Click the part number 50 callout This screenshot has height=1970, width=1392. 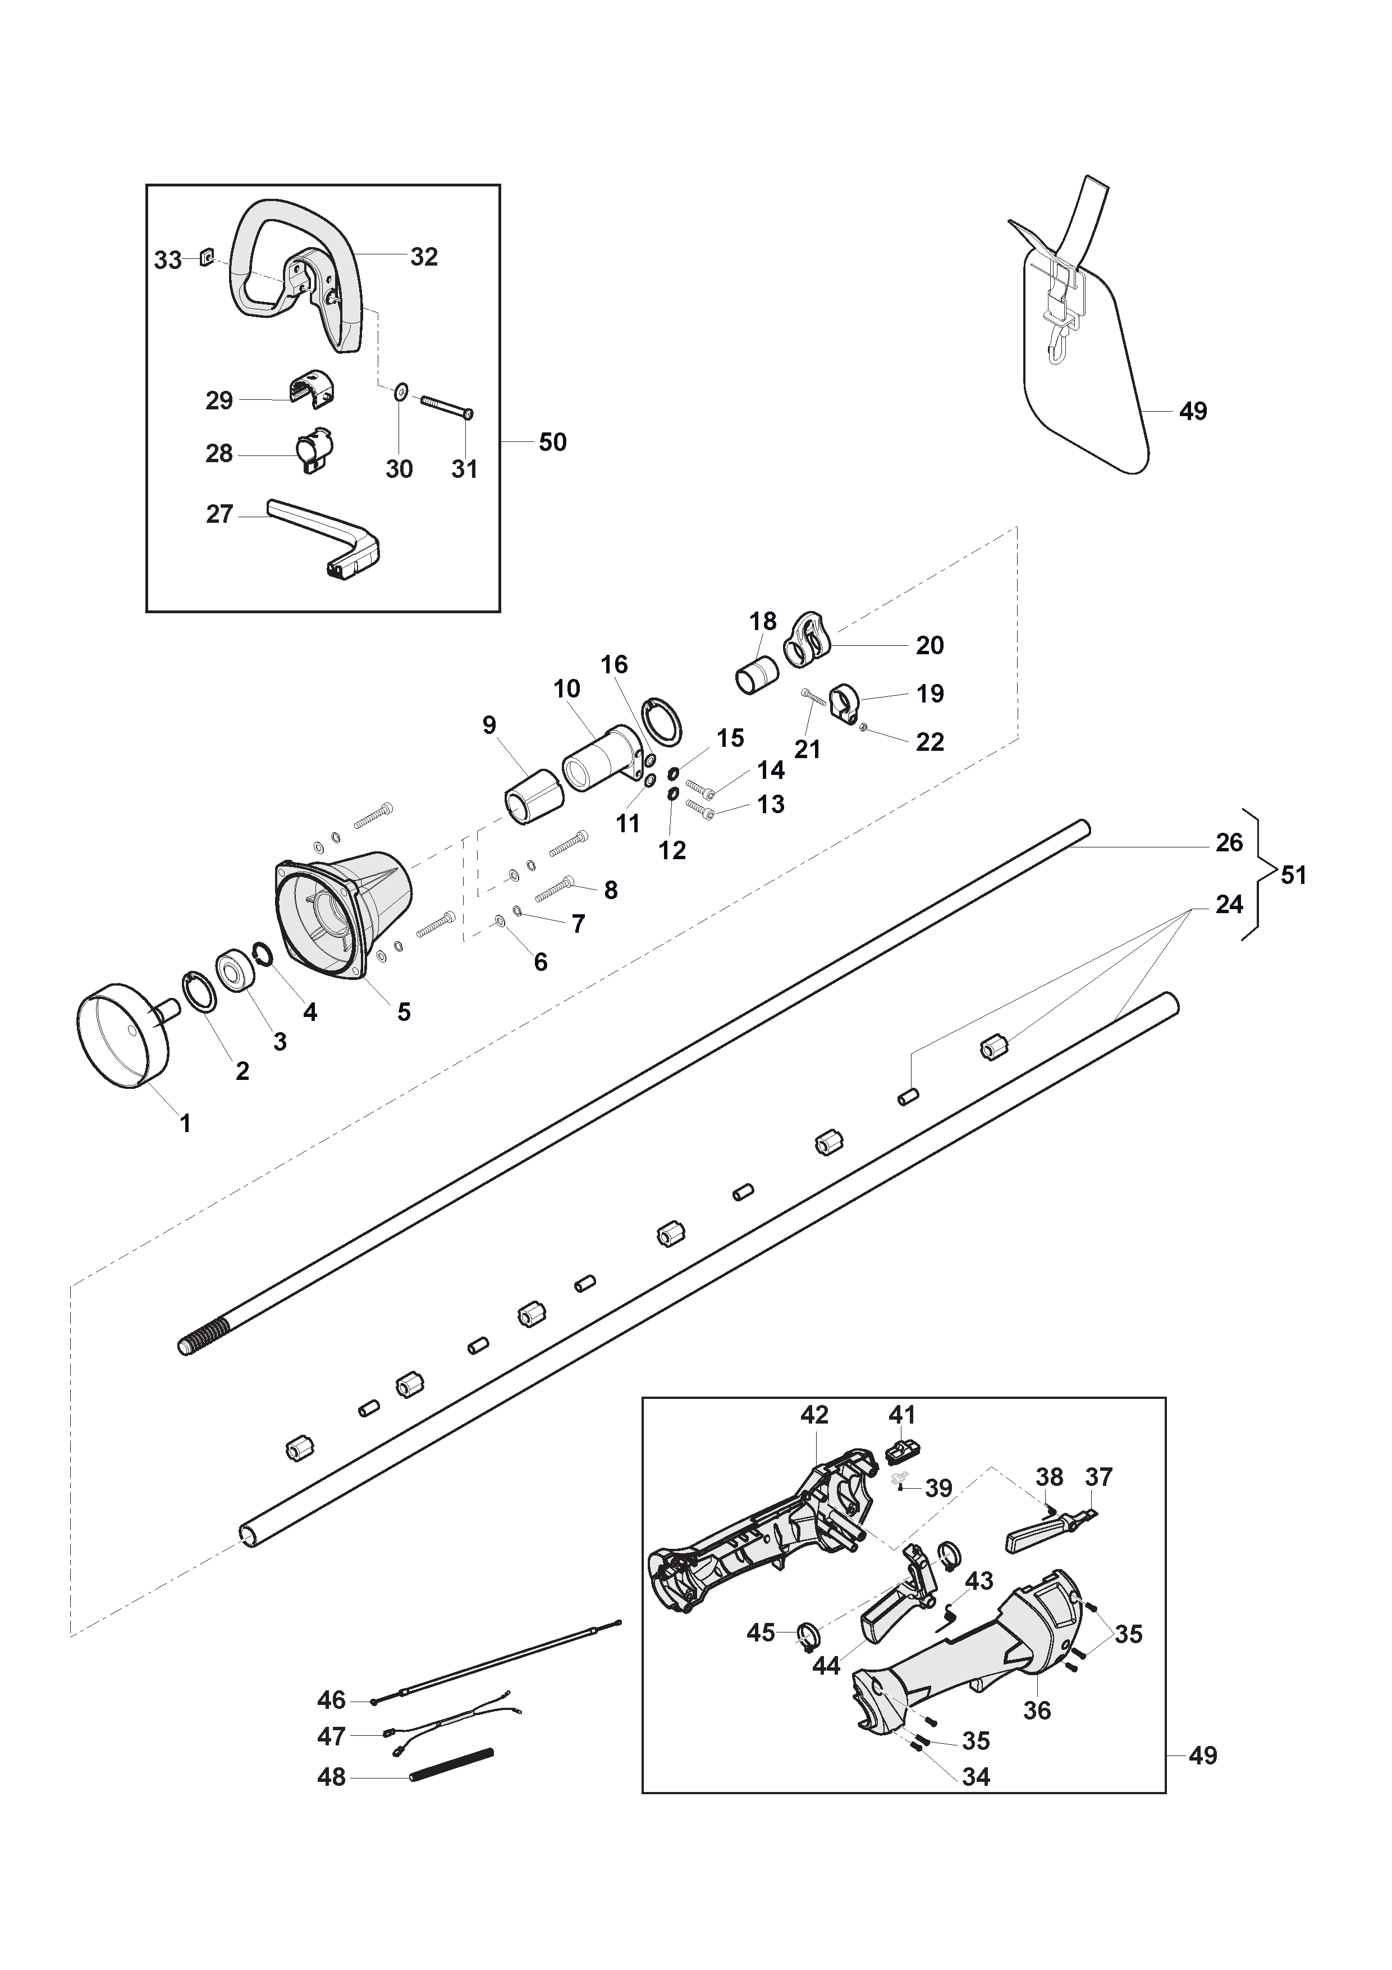(552, 442)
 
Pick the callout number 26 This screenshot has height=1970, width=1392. (1229, 842)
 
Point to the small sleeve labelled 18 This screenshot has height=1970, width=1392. (757, 675)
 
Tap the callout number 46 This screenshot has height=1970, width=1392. (331, 1700)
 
